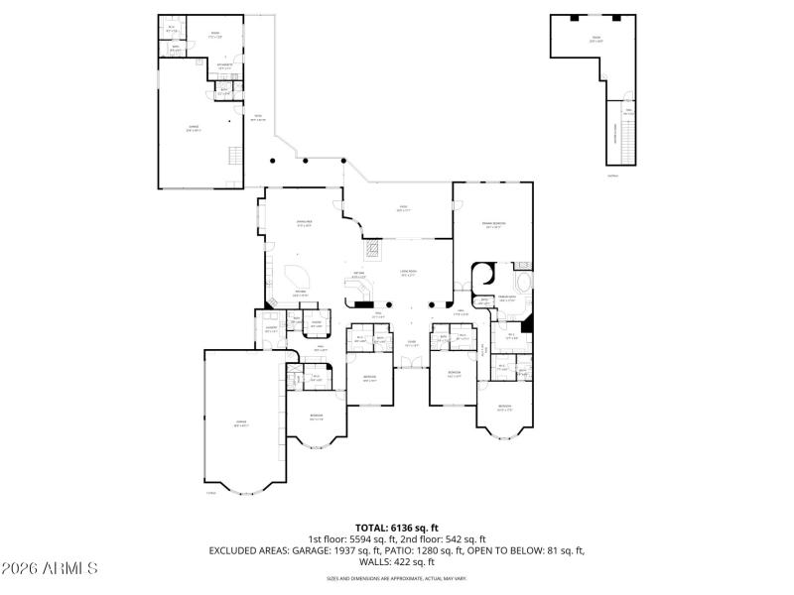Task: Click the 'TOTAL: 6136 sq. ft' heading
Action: [x=396, y=528]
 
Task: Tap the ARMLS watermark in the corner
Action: [x=50, y=568]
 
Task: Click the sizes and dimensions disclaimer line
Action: [x=396, y=578]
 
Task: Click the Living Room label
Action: [x=408, y=273]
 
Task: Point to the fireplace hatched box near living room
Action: [x=371, y=249]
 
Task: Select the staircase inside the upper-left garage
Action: [x=234, y=156]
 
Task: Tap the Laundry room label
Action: [x=270, y=329]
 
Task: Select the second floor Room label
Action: [x=595, y=41]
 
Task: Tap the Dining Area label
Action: [x=305, y=223]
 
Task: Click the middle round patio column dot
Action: [x=306, y=161]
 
